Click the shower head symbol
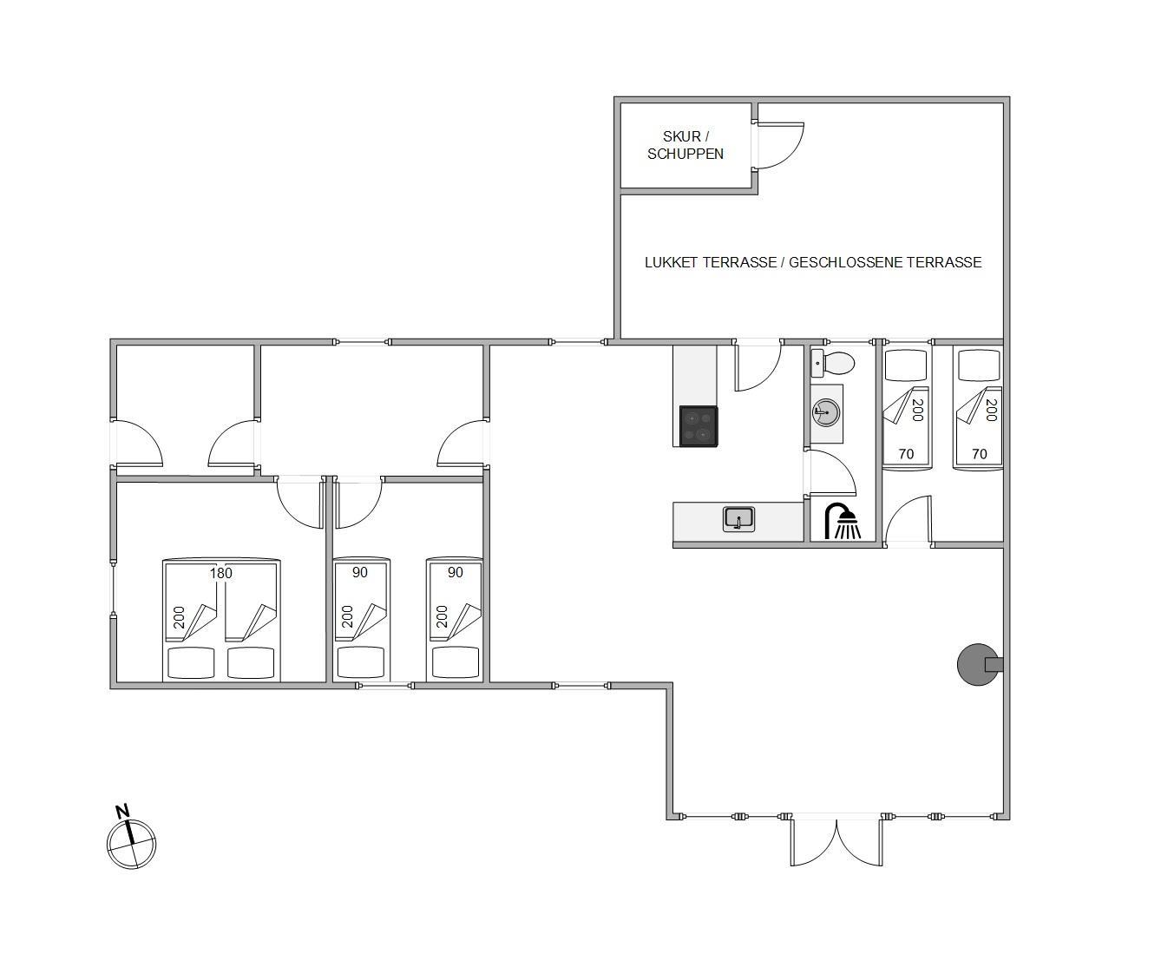coord(843,521)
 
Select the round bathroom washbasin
coord(827,412)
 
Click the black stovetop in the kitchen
coord(699,426)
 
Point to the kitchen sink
coord(739,519)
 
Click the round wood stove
coord(980,664)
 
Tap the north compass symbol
coord(131,845)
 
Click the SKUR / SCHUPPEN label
coord(685,145)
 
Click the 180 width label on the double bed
coord(220,573)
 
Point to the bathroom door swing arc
coord(840,466)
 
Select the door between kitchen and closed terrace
coord(758,367)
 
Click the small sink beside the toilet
coord(817,364)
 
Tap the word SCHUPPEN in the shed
coord(685,154)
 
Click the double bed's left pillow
coord(191,662)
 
